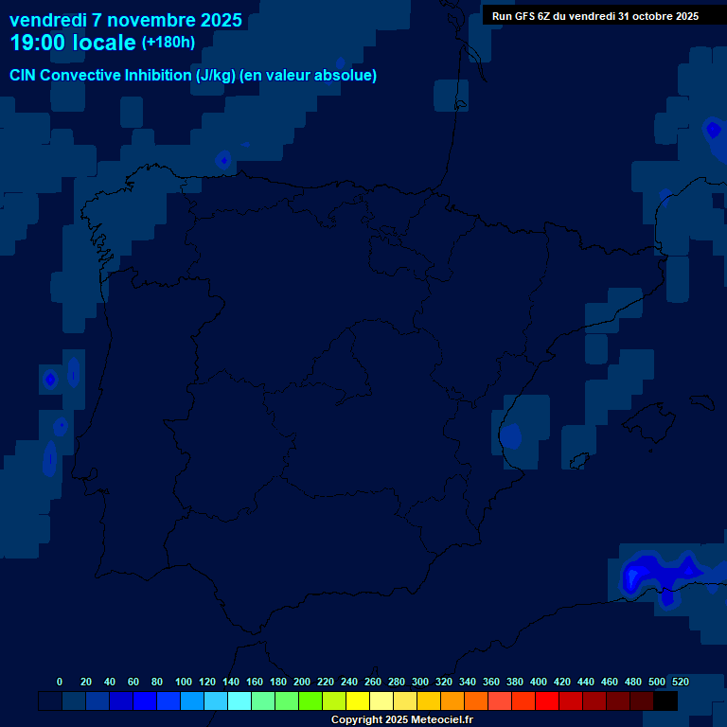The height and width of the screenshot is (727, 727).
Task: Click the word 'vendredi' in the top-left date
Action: (48, 20)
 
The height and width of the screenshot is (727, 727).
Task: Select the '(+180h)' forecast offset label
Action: (168, 42)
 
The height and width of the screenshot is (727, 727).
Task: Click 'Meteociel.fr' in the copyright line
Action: (436, 719)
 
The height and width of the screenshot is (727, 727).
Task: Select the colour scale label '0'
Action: (60, 682)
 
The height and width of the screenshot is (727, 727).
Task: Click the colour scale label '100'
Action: (184, 682)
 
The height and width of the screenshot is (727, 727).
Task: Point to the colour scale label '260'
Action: (373, 682)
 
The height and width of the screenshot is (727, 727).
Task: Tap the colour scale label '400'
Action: (539, 682)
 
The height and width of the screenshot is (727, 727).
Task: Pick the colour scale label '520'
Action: (680, 682)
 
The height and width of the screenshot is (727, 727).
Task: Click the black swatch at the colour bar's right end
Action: (665, 700)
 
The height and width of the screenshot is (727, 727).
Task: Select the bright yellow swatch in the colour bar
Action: (358, 700)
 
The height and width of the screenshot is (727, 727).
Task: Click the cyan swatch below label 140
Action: (239, 700)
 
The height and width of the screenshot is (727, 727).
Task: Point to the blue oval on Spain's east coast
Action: (511, 436)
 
